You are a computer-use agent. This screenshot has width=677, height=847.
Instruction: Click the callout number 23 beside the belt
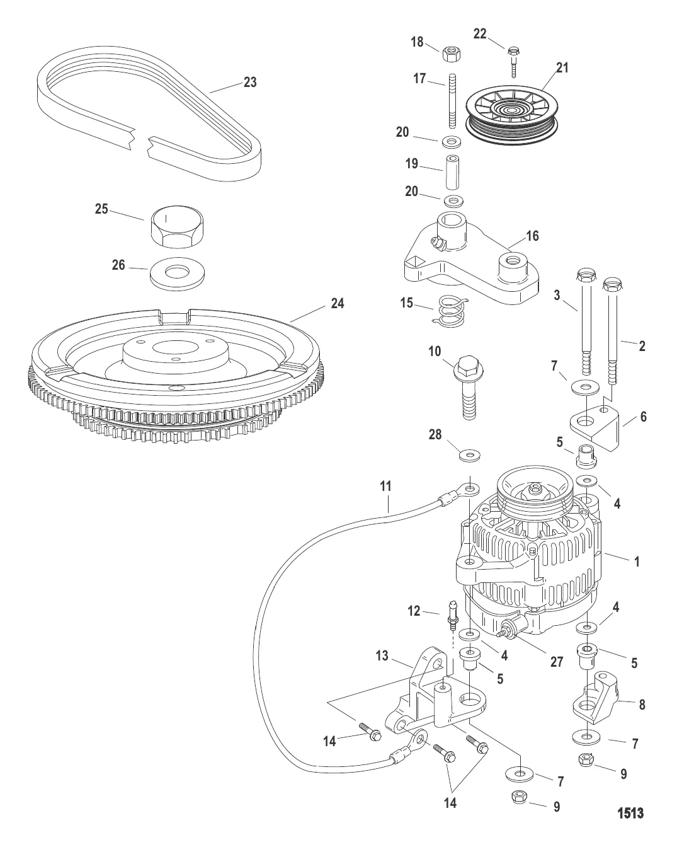250,82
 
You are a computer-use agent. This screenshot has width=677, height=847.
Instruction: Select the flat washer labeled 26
179,275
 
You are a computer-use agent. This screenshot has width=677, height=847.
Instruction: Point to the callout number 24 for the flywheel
338,304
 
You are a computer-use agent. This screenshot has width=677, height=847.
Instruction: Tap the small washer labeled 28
467,454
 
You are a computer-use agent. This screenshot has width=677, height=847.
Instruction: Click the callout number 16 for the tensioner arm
533,236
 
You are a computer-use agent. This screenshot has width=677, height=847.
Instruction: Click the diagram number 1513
630,813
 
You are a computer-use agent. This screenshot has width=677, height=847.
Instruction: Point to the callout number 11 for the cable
385,486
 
